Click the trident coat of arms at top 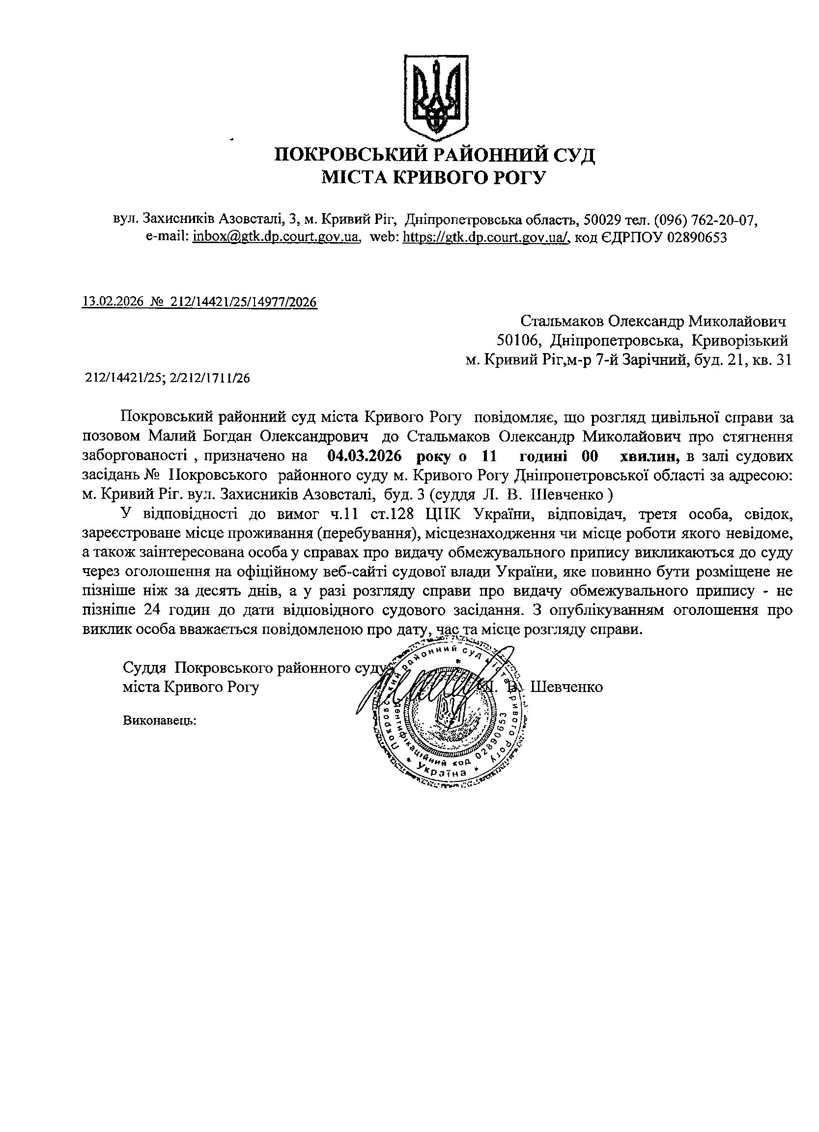click(x=435, y=97)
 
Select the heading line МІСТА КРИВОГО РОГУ click(x=433, y=177)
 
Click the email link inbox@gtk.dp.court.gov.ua click(x=276, y=238)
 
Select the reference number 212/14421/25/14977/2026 click(x=244, y=302)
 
